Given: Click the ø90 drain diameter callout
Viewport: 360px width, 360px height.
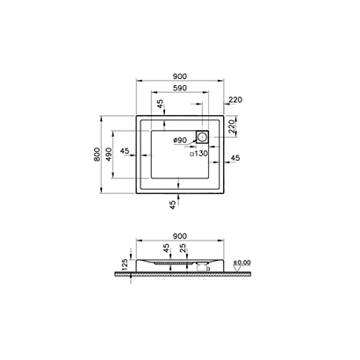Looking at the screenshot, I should pyautogui.click(x=181, y=140).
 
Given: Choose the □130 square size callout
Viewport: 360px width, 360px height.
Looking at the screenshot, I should pyautogui.click(x=199, y=155).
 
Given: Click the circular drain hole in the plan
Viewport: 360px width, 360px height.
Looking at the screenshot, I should pyautogui.click(x=203, y=136).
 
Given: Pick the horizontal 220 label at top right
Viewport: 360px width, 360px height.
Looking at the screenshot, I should pyautogui.click(x=234, y=101).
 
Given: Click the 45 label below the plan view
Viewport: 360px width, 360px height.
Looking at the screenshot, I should pyautogui.click(x=173, y=204).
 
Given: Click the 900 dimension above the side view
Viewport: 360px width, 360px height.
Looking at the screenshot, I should pyautogui.click(x=180, y=235).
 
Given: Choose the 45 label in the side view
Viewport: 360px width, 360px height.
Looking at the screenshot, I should pyautogui.click(x=166, y=248).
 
